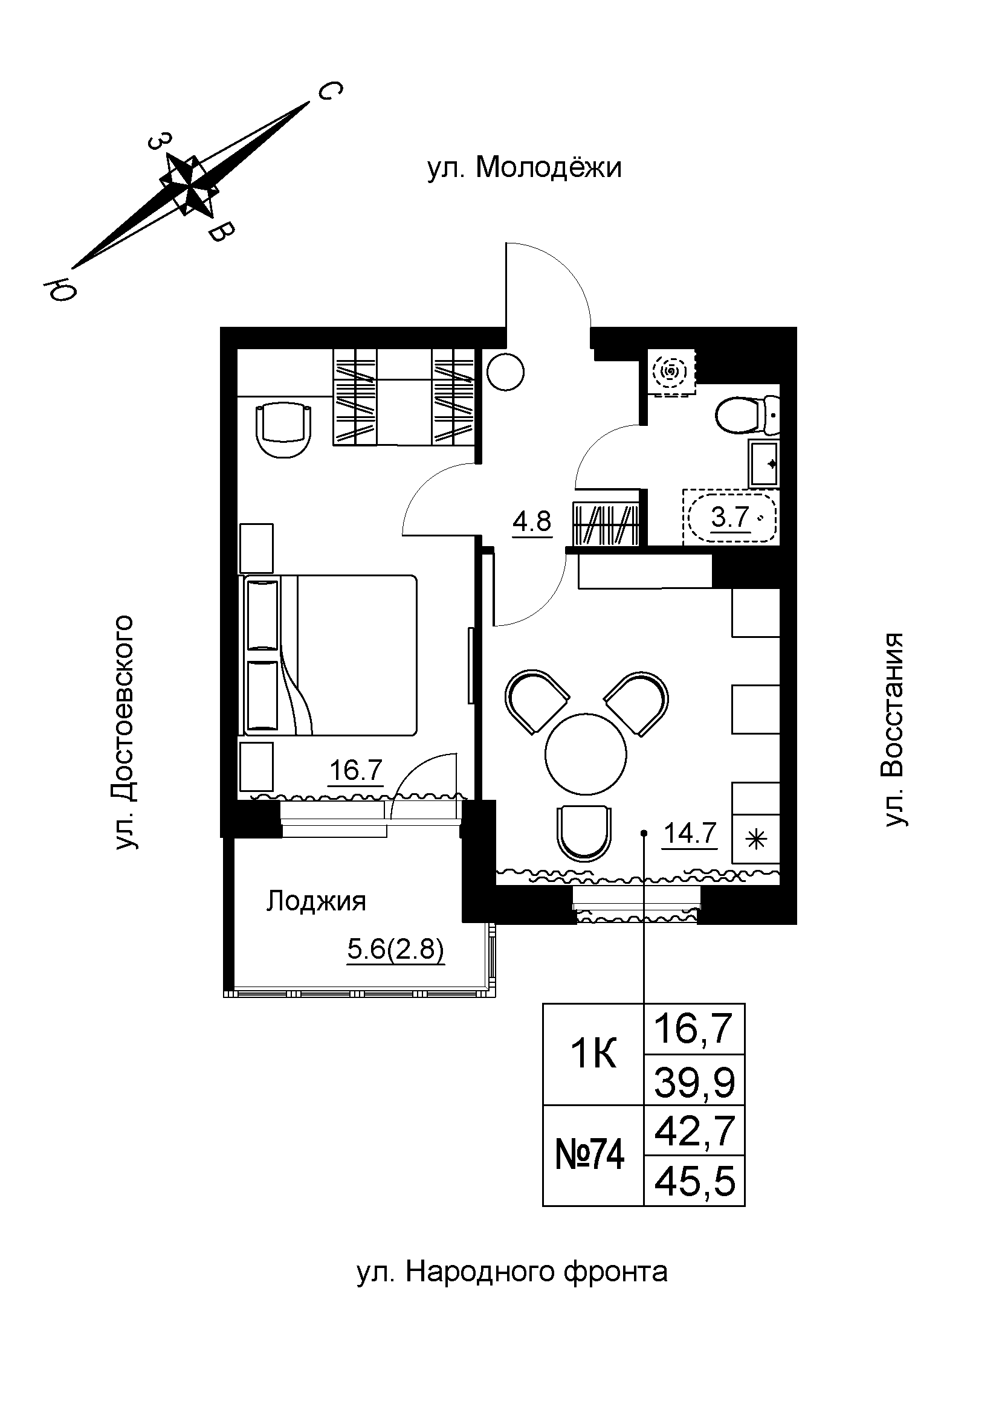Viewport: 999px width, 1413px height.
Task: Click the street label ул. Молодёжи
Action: pyautogui.click(x=525, y=168)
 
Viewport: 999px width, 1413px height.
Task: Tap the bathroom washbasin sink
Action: pyautogui.click(x=764, y=463)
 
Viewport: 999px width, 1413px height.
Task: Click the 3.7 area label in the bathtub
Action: pyautogui.click(x=730, y=517)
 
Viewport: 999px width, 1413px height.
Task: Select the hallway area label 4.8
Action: pyautogui.click(x=532, y=522)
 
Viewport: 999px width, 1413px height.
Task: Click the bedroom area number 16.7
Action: pyautogui.click(x=356, y=770)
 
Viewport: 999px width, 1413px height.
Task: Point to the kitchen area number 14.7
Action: pyautogui.click(x=690, y=833)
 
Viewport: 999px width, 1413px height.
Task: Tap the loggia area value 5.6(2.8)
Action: pyautogui.click(x=395, y=950)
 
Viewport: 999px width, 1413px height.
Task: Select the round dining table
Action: pyautogui.click(x=586, y=753)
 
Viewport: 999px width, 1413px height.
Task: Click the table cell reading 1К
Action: pyautogui.click(x=593, y=1056)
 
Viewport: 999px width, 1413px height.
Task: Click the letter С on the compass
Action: pyautogui.click(x=330, y=91)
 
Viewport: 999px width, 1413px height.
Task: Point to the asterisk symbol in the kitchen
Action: pyautogui.click(x=756, y=840)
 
